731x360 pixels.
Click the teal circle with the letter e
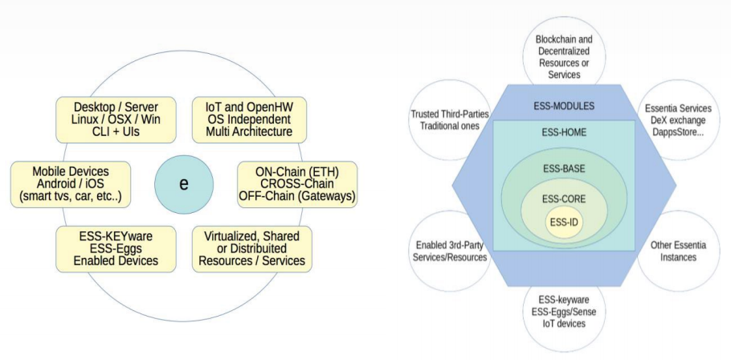[184, 184]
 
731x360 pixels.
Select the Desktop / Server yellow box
[116, 120]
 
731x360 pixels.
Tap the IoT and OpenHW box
[249, 120]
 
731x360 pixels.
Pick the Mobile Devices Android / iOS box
[71, 184]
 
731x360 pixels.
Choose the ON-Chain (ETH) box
[297, 184]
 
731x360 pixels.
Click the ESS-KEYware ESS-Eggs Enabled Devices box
[116, 249]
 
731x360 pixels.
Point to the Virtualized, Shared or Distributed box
[252, 249]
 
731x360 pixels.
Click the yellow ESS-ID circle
[564, 222]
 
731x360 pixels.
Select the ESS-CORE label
[564, 199]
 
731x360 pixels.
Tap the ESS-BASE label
[564, 168]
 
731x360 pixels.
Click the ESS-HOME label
[564, 133]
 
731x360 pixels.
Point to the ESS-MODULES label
[564, 106]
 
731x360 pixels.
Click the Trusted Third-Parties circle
[450, 121]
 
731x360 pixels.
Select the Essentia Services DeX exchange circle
[678, 121]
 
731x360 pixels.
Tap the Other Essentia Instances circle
[678, 251]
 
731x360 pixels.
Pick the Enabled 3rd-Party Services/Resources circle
[450, 251]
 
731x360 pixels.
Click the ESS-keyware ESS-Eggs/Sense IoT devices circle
[564, 312]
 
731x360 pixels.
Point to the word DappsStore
[677, 133]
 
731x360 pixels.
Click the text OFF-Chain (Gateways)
[297, 196]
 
